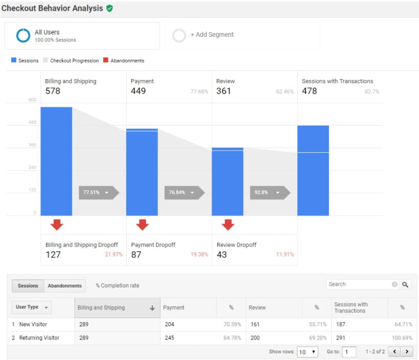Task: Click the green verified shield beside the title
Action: tap(109, 9)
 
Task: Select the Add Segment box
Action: tap(242, 35)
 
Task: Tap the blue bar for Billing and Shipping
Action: tap(56, 161)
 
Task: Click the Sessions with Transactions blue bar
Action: tap(313, 170)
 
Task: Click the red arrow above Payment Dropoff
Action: tap(142, 224)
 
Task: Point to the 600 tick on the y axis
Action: tap(32, 100)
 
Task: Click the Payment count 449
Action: tap(138, 91)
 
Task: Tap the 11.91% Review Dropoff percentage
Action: tap(285, 254)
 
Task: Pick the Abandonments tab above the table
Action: tap(65, 285)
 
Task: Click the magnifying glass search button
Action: tap(405, 284)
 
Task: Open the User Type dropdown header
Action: tap(32, 307)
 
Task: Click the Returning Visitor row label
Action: tap(39, 338)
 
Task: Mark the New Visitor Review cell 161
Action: tap(255, 324)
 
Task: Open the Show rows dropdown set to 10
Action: tap(308, 352)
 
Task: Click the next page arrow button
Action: tap(407, 352)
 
